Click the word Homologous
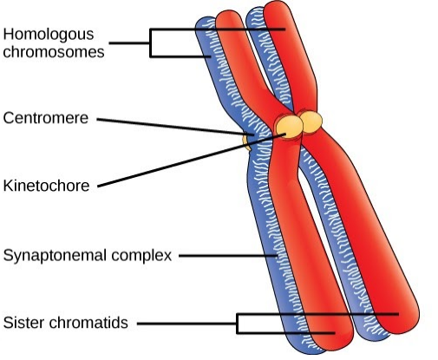49,35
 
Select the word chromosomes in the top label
54,52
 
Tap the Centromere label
46,118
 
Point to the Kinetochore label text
46,186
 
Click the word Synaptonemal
55,256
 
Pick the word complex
141,256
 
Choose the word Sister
24,323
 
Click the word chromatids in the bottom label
88,323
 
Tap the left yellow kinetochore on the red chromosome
289,127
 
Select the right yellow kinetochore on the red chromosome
311,122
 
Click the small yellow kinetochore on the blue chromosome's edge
245,141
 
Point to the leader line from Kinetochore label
192,160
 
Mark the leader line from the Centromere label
175,127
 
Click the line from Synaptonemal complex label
228,256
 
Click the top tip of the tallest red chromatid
277,2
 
